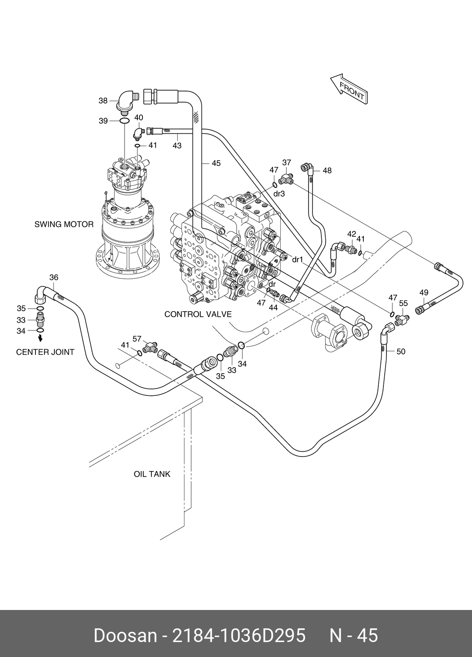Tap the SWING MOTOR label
pyautogui.click(x=64, y=224)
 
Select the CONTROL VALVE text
pyautogui.click(x=198, y=314)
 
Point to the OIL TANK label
pyautogui.click(x=152, y=474)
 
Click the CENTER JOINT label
pyautogui.click(x=45, y=352)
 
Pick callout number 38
pyautogui.click(x=103, y=101)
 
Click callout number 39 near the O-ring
pyautogui.click(x=103, y=121)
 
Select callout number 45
pyautogui.click(x=216, y=163)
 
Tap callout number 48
pyautogui.click(x=327, y=171)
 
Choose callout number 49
pyautogui.click(x=424, y=293)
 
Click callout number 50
pyautogui.click(x=401, y=351)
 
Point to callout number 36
pyautogui.click(x=53, y=277)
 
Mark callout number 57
pyautogui.click(x=137, y=339)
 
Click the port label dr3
pyautogui.click(x=279, y=194)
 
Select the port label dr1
pyautogui.click(x=297, y=259)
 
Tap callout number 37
pyautogui.click(x=287, y=162)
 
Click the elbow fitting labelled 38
pyautogui.click(x=127, y=101)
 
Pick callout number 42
pyautogui.click(x=351, y=234)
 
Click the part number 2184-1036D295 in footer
pyautogui.click(x=239, y=636)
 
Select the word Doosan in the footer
pyautogui.click(x=125, y=636)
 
